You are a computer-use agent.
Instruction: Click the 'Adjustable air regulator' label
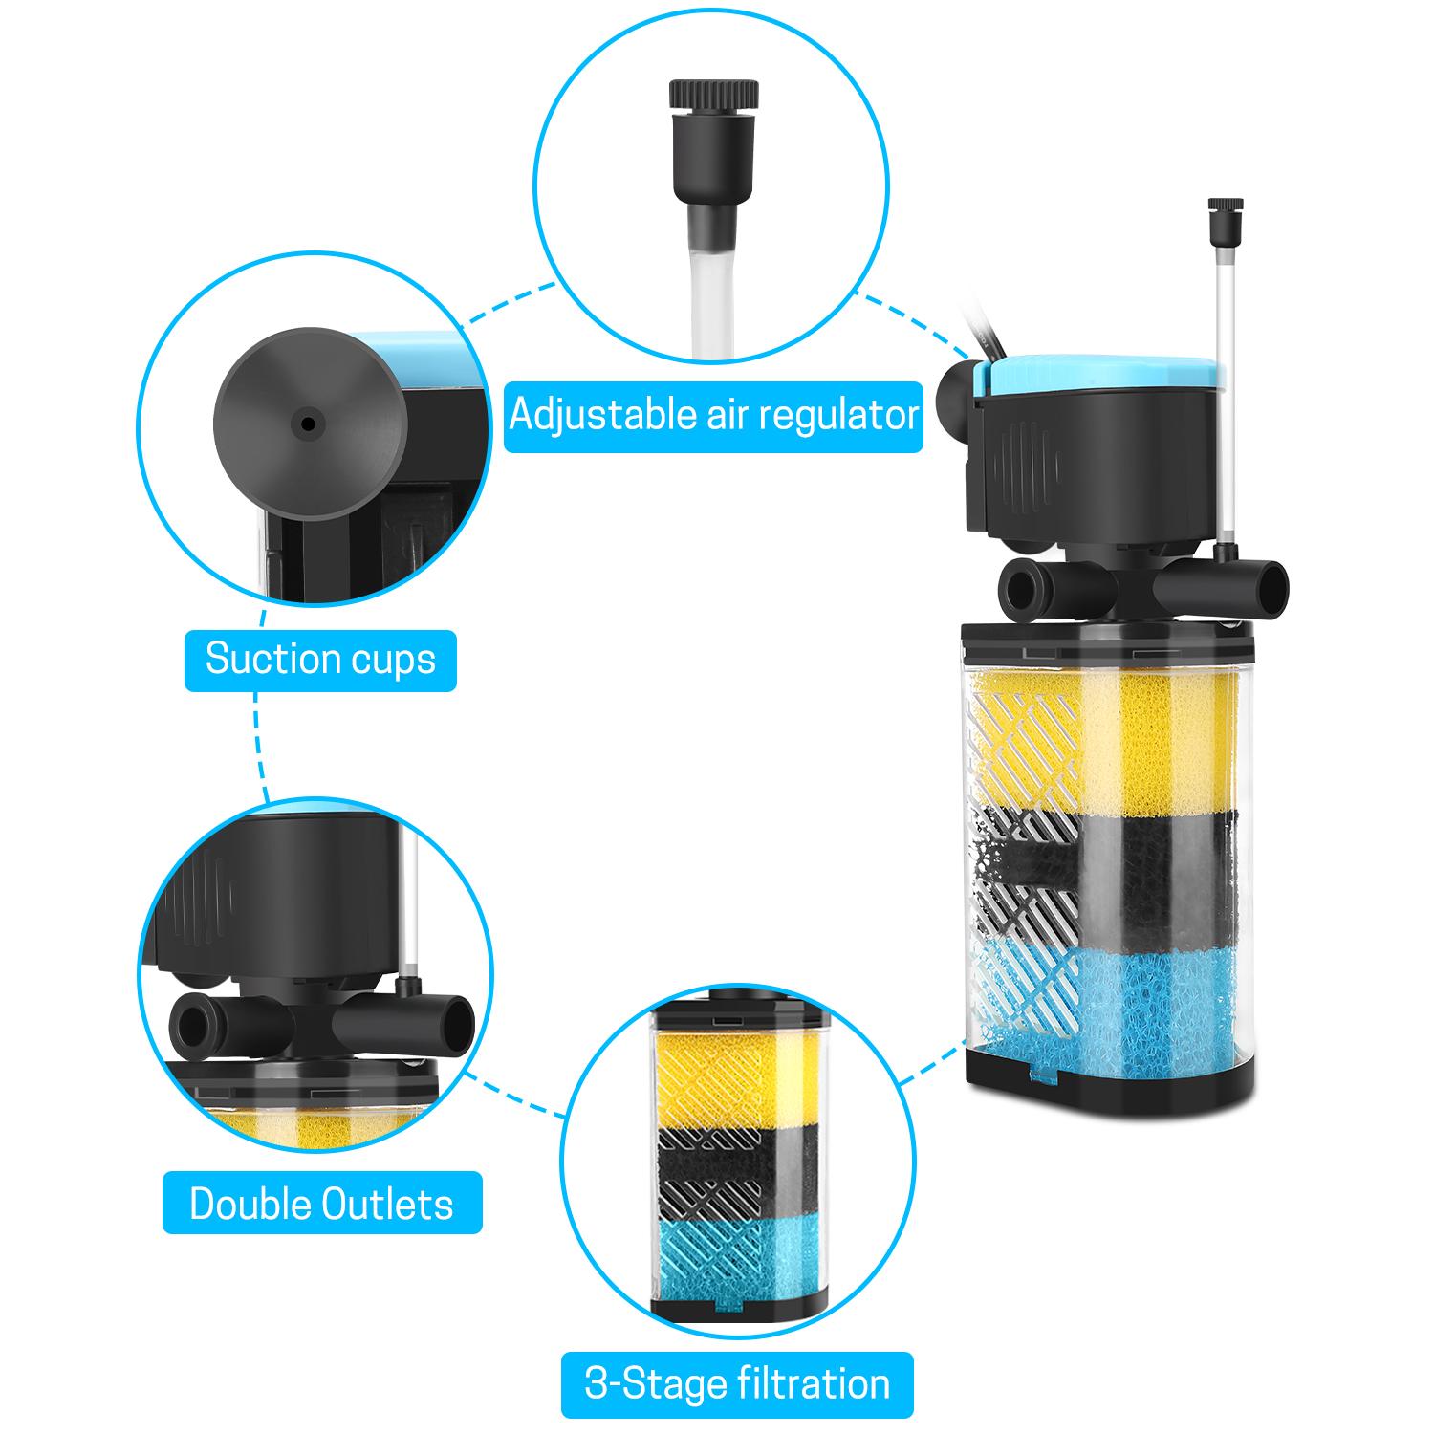(713, 417)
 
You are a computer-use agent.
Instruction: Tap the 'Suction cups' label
(320, 660)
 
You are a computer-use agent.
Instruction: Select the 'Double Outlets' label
(321, 1204)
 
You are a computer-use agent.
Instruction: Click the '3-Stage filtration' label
(737, 1384)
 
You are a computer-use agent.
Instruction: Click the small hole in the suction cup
(307, 423)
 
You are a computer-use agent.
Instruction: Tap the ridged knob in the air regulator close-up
(715, 95)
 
